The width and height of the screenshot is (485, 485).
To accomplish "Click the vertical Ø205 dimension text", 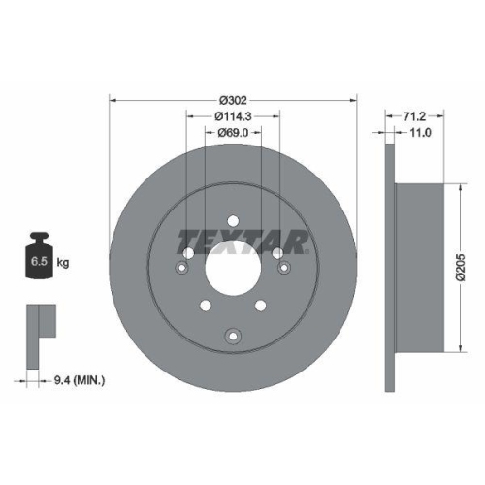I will (x=463, y=264).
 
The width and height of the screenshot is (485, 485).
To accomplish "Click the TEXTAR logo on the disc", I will (x=242, y=242).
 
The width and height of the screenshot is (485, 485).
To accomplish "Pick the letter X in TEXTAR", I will (x=230, y=242).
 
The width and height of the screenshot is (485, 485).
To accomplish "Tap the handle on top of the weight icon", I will (x=40, y=238).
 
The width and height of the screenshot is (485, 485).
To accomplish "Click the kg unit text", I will (x=63, y=262).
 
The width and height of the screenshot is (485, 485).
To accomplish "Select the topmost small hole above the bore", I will (x=233, y=219).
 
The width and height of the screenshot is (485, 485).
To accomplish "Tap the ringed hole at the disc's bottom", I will (x=233, y=337).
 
